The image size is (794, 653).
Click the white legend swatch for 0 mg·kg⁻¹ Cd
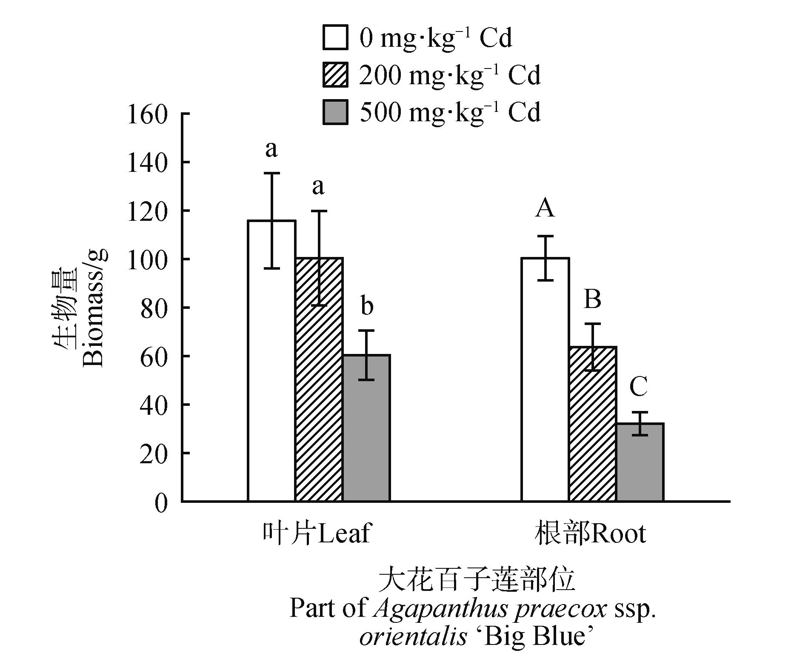(x=335, y=37)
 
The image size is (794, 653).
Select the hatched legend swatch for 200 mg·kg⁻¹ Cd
(x=335, y=75)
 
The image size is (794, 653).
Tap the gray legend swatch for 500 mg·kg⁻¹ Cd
(x=335, y=112)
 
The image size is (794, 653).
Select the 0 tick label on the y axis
(x=161, y=503)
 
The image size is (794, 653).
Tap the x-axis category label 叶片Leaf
(x=316, y=533)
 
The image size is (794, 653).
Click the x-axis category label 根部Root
(x=590, y=533)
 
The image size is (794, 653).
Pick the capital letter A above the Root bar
(x=545, y=208)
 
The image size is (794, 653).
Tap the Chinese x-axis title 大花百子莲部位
(x=477, y=581)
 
